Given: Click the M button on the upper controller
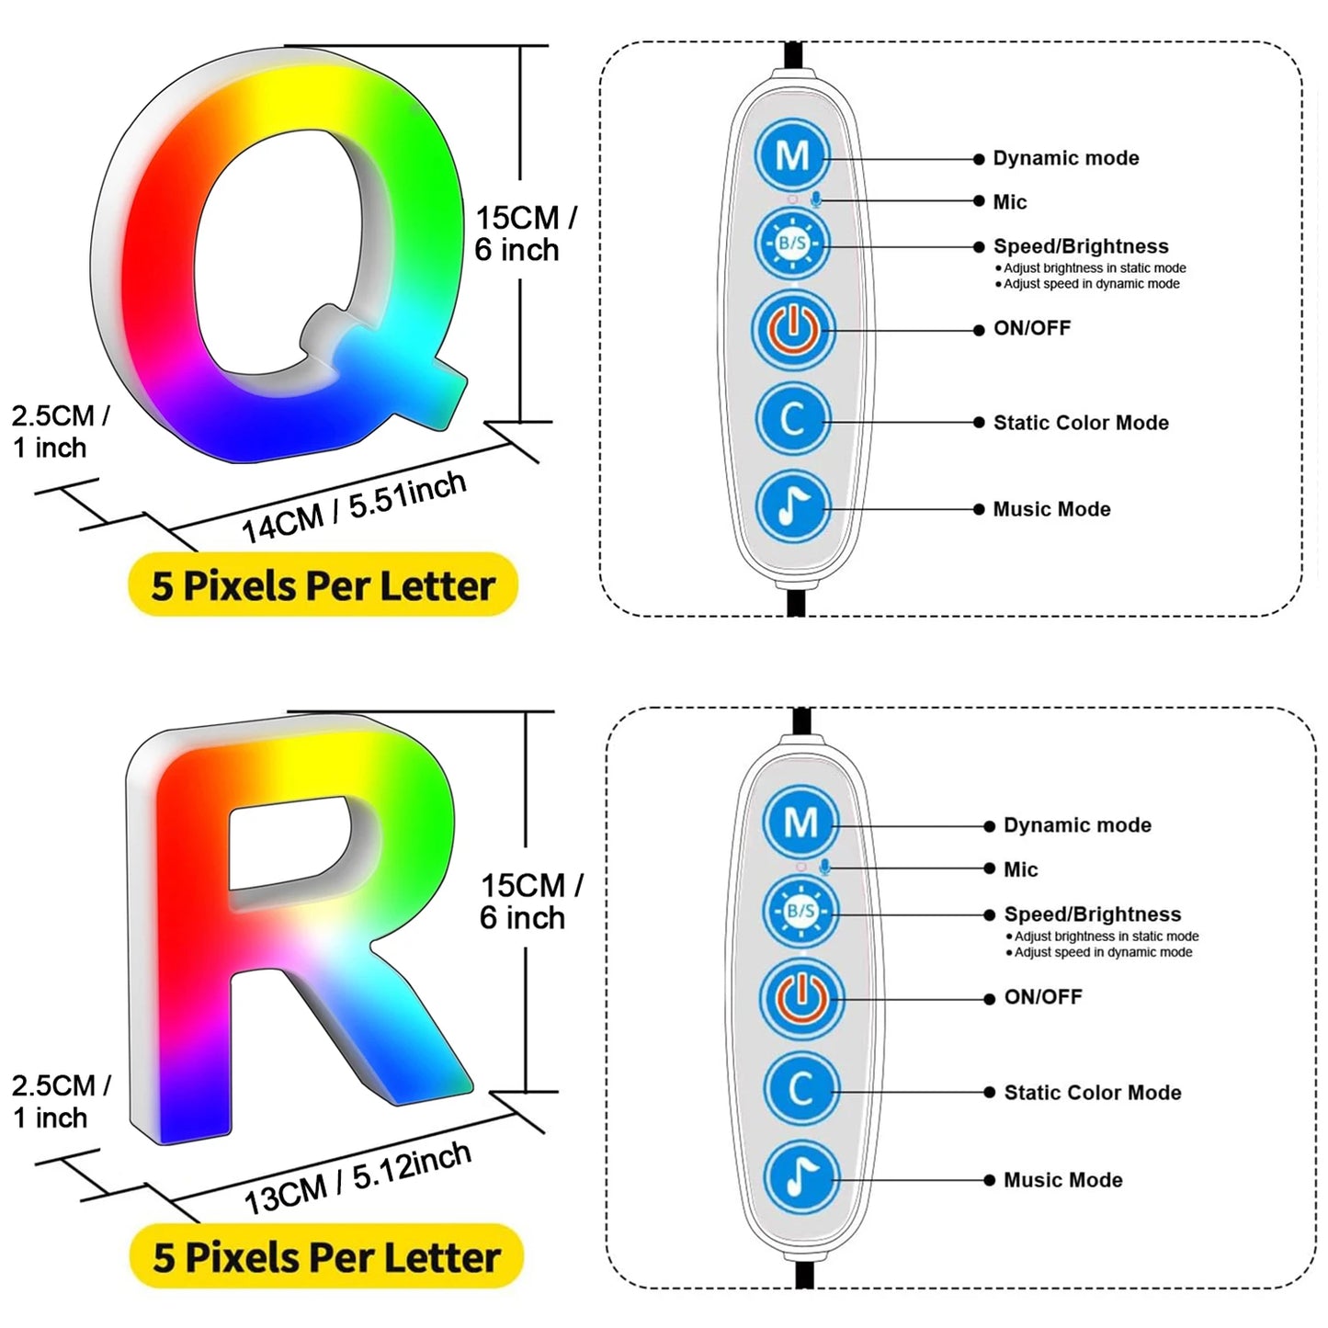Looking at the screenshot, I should [792, 155].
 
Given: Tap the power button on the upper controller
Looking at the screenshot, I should [793, 329].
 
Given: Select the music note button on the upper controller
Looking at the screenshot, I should [793, 506].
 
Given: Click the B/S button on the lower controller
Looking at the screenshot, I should [800, 911].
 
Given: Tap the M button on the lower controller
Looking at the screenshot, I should [800, 822].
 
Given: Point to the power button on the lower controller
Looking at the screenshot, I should [800, 998].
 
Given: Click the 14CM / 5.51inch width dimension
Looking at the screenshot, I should [354, 508].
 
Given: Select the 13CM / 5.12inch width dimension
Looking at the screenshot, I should [358, 1178].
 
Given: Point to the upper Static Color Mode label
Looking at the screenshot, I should [1081, 423].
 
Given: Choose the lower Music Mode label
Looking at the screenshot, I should [1062, 1180].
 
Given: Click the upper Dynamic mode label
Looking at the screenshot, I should [1065, 158].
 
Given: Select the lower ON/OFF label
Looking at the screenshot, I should [1043, 997].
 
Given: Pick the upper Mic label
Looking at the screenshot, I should [1009, 202].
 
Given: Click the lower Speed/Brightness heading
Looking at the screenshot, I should [1092, 914].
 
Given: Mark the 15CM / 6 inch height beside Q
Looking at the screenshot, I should [525, 233].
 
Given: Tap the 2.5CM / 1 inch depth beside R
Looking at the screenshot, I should [61, 1101].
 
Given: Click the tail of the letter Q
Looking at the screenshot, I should [404, 368].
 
